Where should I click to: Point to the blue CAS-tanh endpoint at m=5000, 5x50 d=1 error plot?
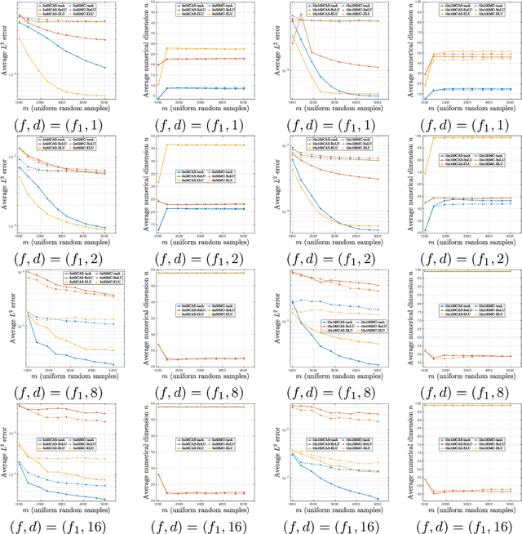coord(105,67)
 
